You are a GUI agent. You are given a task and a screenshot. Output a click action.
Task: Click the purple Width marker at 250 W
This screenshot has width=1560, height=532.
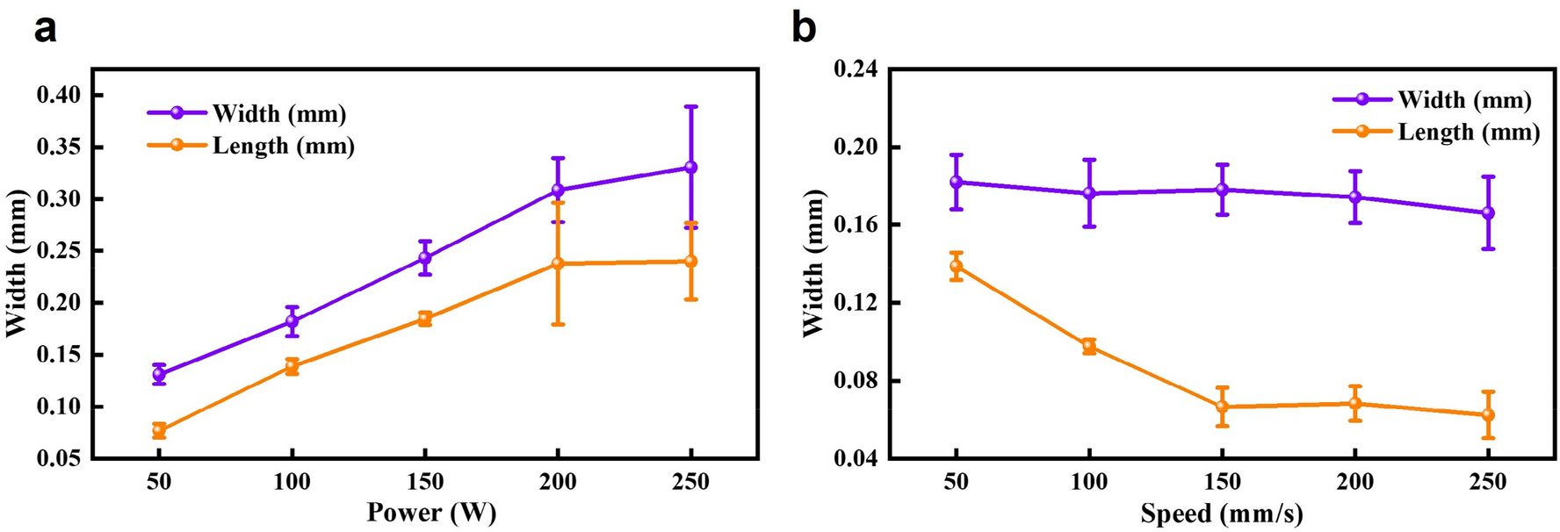coord(690,167)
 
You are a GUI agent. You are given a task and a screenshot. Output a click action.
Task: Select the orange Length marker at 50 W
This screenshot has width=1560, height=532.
coord(159,430)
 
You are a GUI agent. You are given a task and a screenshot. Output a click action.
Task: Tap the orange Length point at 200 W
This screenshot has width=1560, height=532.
coord(558,263)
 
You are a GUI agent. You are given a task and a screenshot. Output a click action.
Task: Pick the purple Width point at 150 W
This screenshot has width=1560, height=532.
coord(424,258)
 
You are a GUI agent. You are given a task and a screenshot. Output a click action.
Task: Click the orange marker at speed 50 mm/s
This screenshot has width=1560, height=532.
coord(956,266)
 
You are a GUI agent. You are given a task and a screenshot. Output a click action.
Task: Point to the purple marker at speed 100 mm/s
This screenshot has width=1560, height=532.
coord(1089,193)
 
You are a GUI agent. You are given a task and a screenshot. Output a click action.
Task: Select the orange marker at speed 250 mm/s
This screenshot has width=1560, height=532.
coord(1488,414)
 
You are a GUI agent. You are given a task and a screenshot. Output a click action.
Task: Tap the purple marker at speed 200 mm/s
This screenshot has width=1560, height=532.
coord(1354,197)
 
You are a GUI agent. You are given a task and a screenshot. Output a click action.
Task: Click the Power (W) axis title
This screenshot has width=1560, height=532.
coord(431,513)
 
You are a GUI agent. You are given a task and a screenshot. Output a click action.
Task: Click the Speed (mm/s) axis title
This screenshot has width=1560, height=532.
coord(1222,513)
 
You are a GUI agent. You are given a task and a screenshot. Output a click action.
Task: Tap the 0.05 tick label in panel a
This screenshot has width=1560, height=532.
coord(60,458)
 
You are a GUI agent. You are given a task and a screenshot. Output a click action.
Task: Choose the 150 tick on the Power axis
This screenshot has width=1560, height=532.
coord(424,482)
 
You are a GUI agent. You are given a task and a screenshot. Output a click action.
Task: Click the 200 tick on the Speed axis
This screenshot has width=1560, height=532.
coord(1354,482)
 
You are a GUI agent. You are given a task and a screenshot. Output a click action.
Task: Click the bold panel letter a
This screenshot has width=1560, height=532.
coord(45,28)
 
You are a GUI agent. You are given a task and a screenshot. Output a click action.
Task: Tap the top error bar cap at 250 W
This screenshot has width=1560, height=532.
coord(690,106)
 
